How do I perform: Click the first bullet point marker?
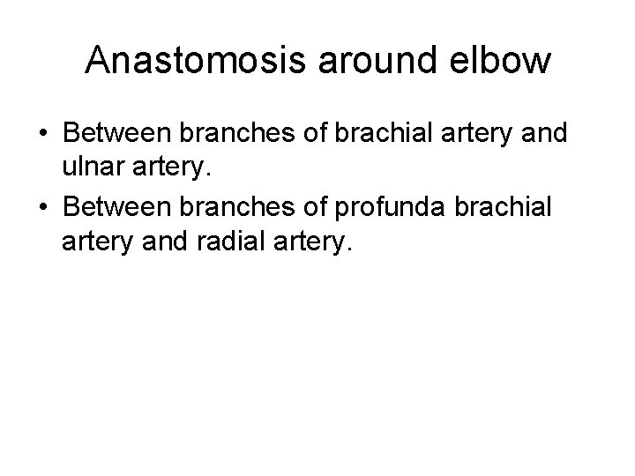coord(43,137)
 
